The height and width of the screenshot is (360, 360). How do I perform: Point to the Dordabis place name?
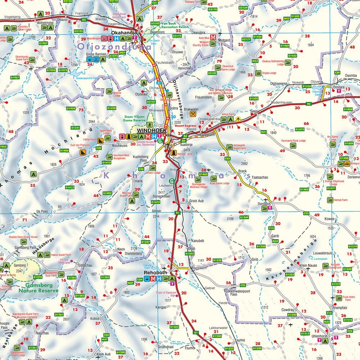coord(264,203)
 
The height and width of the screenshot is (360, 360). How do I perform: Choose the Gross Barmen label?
coord(95,54)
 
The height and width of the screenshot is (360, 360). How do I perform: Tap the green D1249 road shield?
coord(244,217)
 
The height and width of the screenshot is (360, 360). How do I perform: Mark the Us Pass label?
coord(42,211)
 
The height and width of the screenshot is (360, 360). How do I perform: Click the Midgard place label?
coord(224,40)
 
